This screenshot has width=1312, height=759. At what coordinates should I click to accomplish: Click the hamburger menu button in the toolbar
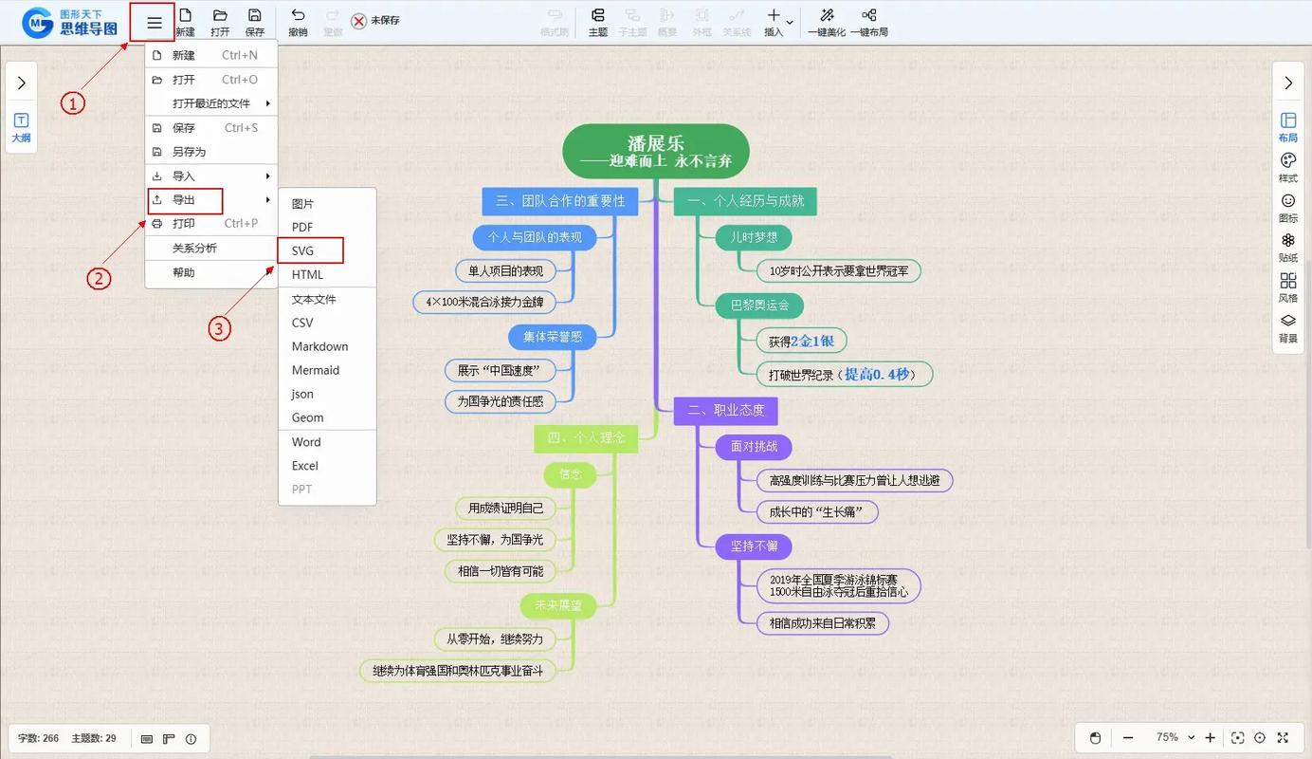point(154,23)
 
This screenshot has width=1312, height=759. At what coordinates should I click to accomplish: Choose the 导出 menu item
point(184,200)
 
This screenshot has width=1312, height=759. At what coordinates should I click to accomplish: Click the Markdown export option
point(319,346)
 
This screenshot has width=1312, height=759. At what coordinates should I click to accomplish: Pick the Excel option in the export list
point(304,466)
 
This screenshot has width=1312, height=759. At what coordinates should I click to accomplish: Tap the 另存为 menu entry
point(189,152)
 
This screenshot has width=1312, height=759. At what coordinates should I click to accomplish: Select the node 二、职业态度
point(725,410)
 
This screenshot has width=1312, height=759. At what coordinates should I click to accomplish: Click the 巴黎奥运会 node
point(759,305)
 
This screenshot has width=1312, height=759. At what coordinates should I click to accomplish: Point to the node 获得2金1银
point(801,341)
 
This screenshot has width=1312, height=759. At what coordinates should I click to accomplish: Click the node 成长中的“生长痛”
point(817,512)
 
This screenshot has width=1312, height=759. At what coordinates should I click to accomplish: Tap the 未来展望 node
point(558,605)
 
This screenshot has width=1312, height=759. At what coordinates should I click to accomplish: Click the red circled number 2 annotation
point(100,278)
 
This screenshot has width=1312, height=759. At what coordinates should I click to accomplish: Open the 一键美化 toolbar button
point(826,23)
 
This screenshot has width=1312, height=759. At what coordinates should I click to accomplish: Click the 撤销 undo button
point(298,23)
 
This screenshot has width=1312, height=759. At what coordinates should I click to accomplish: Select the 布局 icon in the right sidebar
point(1288,127)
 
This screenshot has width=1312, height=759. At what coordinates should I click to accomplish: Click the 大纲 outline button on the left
point(21,127)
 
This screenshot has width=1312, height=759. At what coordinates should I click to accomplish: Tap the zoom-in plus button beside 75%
point(1210,738)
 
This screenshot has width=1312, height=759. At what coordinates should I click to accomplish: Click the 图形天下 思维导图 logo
point(71,23)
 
